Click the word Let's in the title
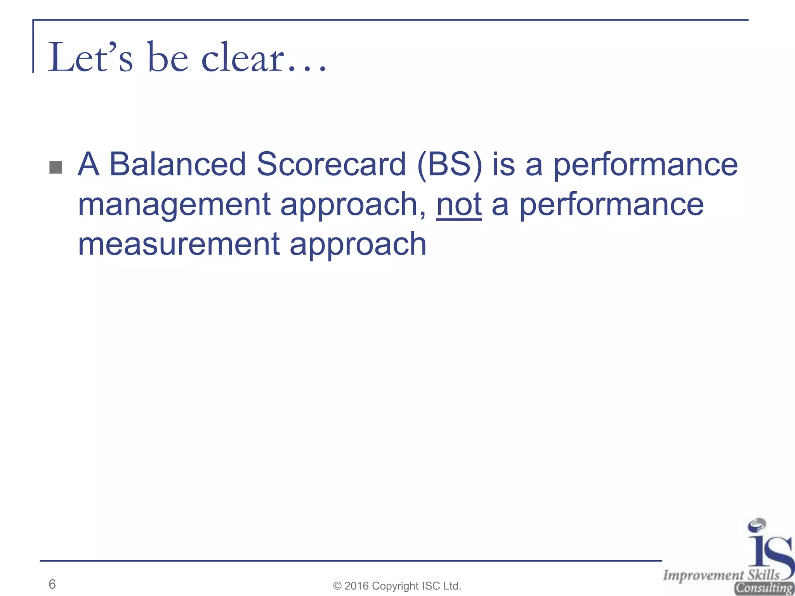(x=90, y=58)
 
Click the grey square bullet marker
(x=56, y=167)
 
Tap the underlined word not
(x=459, y=204)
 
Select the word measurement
(x=179, y=244)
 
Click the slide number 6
(x=52, y=584)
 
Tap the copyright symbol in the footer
(x=337, y=586)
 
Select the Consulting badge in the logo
(x=764, y=588)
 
